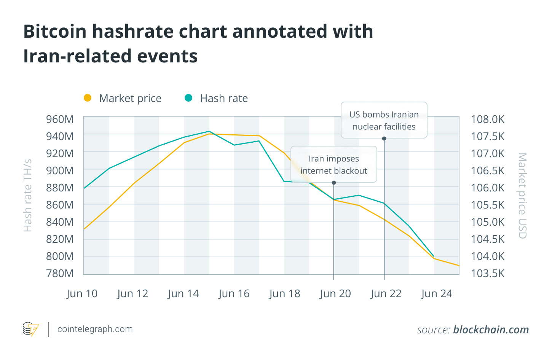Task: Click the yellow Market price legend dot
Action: click(88, 98)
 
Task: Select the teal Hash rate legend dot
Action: click(188, 98)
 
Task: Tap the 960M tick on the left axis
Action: click(60, 119)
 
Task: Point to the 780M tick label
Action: click(60, 273)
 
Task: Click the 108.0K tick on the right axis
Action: click(488, 119)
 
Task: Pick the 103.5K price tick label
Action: click(488, 273)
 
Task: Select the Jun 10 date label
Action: click(82, 294)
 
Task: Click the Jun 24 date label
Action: click(437, 294)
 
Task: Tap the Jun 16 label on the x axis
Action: click(234, 294)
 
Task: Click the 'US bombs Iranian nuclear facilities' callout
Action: click(384, 120)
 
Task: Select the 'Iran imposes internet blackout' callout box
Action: click(334, 164)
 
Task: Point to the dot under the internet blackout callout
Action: click(334, 183)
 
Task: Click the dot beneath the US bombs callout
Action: click(384, 139)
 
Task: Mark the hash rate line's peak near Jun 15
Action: click(209, 131)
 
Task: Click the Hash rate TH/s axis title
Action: click(28, 196)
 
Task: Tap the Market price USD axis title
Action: click(522, 196)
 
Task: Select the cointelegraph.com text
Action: click(95, 329)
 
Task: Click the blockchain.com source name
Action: click(491, 330)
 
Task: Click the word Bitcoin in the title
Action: click(55, 32)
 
